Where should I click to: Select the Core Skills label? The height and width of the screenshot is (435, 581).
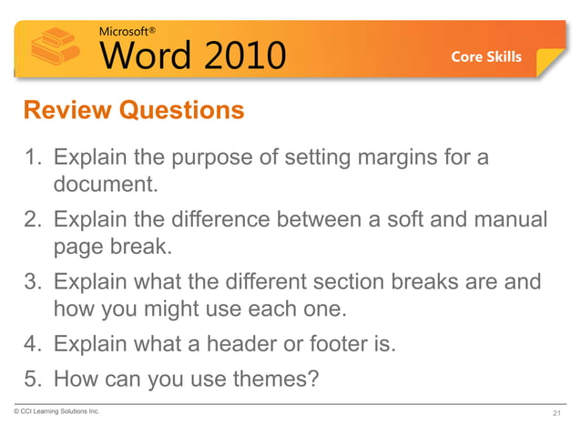[486, 56]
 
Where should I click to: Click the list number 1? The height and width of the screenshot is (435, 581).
[32, 158]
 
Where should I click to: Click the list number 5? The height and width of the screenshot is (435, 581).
[32, 375]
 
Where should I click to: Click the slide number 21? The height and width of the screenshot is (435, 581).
[557, 414]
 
